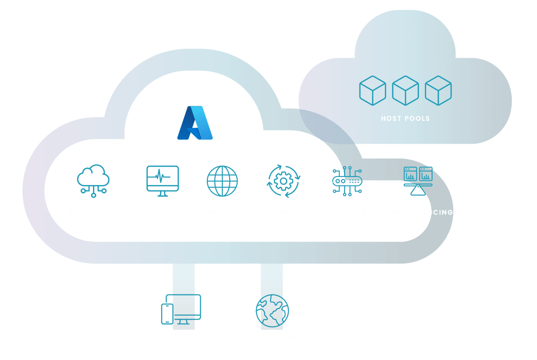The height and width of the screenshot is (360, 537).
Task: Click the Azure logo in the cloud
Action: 195,123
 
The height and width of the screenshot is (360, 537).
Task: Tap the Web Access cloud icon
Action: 93,180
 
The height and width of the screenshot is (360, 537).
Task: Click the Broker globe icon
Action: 222,180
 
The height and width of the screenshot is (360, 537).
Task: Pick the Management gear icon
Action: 283,181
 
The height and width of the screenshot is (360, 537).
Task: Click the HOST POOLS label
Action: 405,118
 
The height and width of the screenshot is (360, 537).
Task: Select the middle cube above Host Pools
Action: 405,90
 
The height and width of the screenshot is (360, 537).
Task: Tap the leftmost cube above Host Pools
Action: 372,90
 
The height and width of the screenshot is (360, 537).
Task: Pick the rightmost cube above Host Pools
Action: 438,90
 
